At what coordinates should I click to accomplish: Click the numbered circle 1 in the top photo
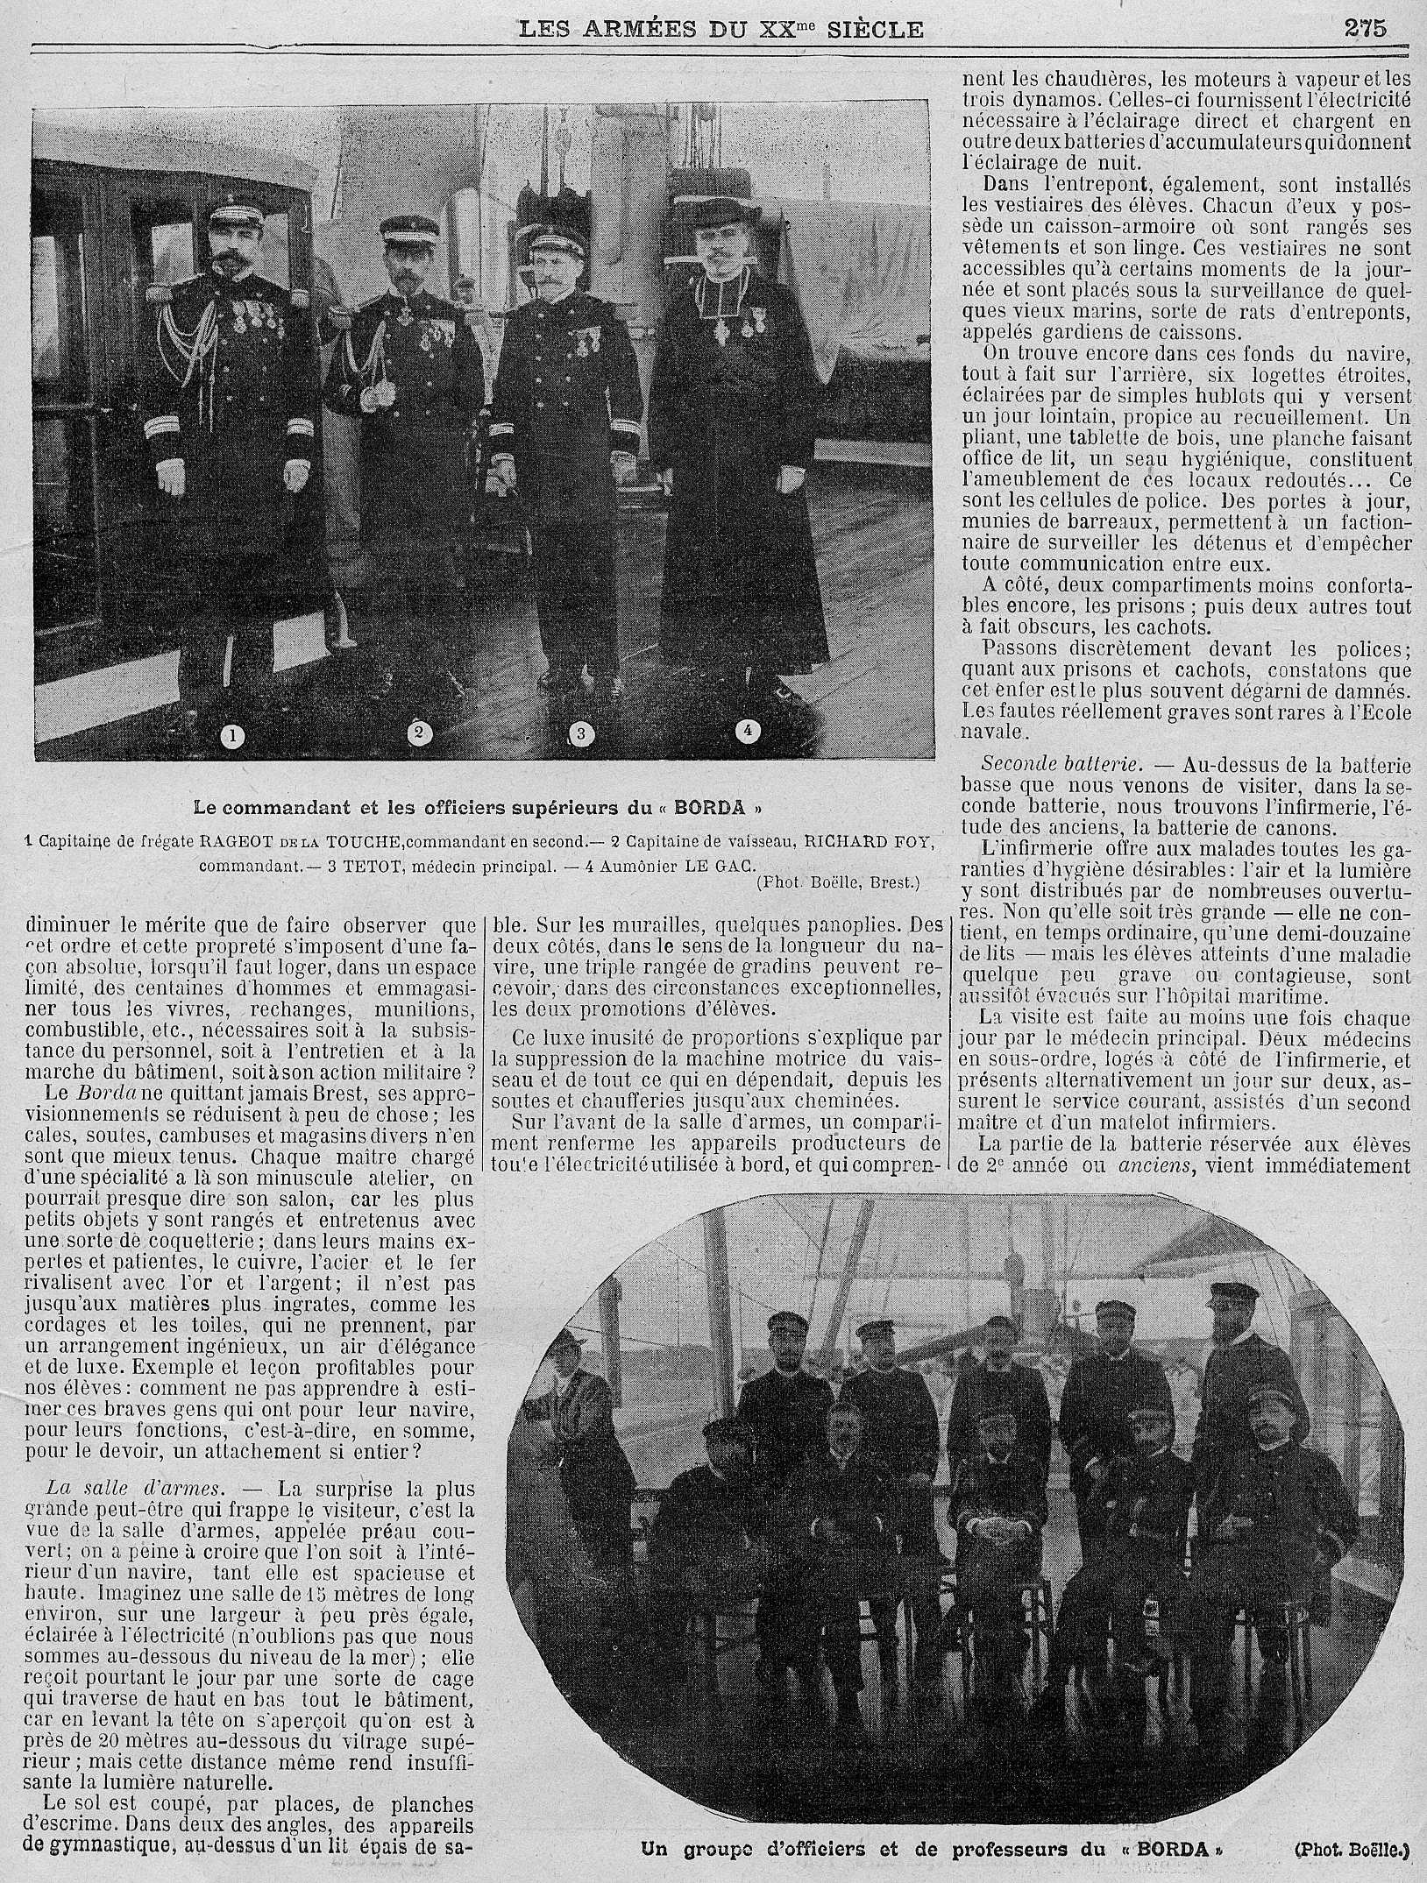233,736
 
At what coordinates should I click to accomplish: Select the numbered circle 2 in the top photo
418,733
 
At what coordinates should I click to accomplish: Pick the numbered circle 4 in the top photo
747,729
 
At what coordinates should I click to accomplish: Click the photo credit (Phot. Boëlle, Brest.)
837,883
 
